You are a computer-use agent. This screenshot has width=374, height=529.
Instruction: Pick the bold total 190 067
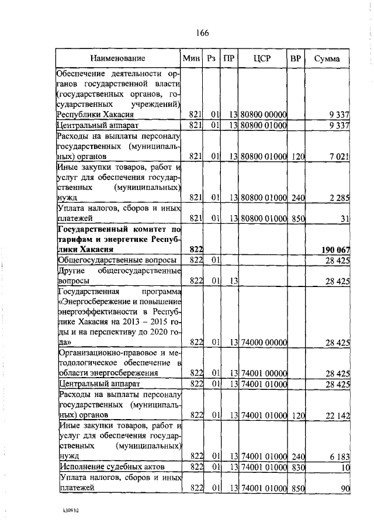click(x=335, y=250)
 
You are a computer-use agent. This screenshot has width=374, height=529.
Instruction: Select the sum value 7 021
click(x=339, y=156)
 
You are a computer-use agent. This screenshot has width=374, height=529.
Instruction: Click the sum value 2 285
click(x=339, y=199)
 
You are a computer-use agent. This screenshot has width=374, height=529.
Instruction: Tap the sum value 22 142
click(x=337, y=415)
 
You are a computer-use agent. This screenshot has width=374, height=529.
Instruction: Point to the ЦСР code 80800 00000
click(x=263, y=114)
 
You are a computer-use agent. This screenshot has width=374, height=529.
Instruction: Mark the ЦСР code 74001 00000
click(x=263, y=373)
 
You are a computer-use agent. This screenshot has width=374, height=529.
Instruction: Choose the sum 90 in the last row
click(x=345, y=488)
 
